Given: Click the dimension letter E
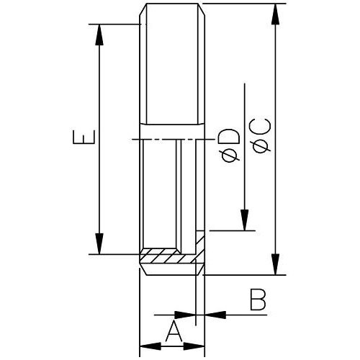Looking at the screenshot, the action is (x=84, y=137).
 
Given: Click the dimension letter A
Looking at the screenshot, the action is (x=174, y=332).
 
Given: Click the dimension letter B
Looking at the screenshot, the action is (x=258, y=300).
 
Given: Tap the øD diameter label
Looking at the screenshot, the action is (x=231, y=145).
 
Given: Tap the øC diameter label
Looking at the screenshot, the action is (x=261, y=136).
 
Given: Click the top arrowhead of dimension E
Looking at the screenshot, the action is (x=99, y=35).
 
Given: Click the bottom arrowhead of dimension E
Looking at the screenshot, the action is (x=99, y=243).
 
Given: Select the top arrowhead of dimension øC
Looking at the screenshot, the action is (x=276, y=14).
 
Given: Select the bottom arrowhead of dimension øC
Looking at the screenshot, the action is (x=276, y=264).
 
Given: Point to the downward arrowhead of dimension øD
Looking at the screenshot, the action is (x=245, y=220).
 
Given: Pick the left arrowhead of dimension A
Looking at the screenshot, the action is (x=150, y=346).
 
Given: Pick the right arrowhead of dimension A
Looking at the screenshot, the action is (x=194, y=346).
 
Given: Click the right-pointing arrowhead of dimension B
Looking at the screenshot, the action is (x=185, y=315).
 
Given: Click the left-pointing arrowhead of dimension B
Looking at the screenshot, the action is (x=215, y=315).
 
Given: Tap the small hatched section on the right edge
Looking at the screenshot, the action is (x=200, y=247).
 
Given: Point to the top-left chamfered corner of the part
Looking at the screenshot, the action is (x=143, y=9).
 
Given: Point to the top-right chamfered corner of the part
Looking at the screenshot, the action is (x=202, y=9).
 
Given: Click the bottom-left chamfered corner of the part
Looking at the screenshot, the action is (x=143, y=269).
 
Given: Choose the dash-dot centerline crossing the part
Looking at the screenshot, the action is (x=173, y=139).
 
